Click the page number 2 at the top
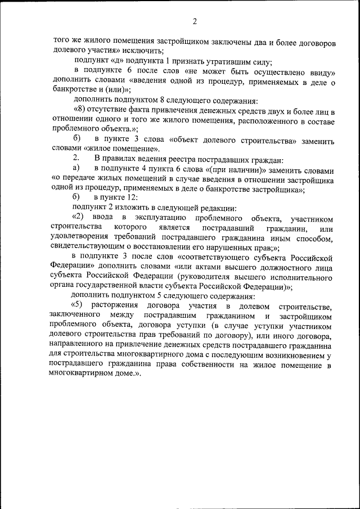(x=194, y=22)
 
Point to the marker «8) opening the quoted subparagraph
(x=79, y=111)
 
